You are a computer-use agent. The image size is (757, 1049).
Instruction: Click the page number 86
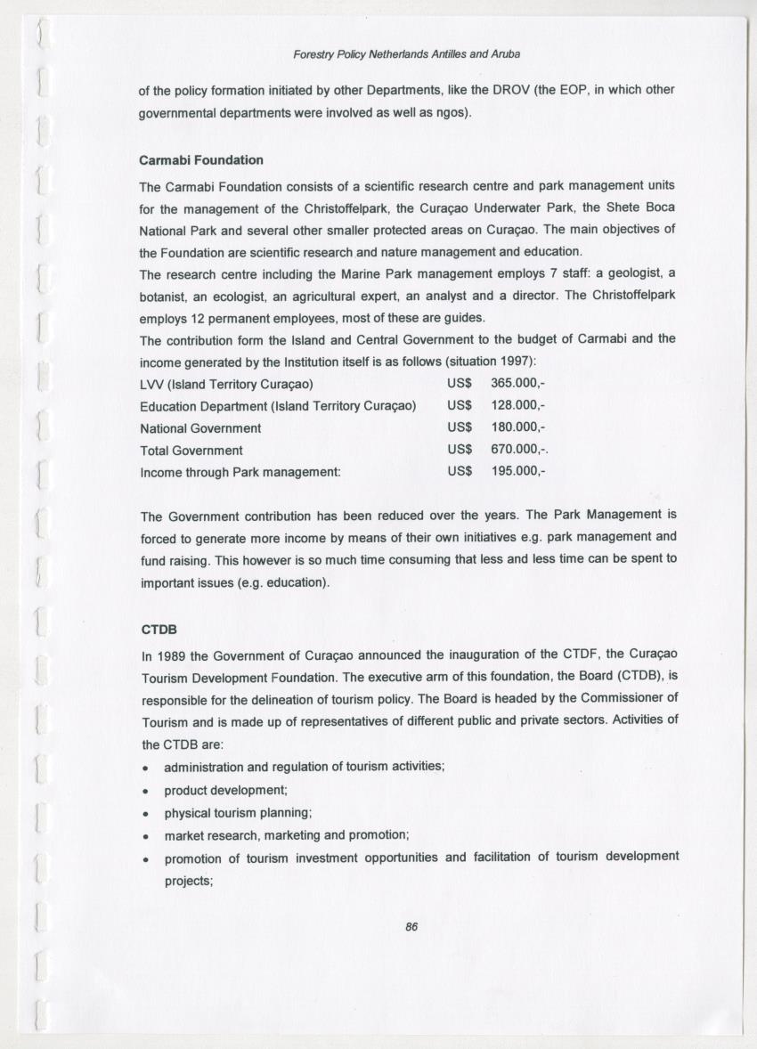[411, 926]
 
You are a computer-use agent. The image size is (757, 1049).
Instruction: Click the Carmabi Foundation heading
[201, 160]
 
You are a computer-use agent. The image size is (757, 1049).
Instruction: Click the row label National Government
[200, 428]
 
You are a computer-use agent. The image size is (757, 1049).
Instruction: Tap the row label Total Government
[191, 451]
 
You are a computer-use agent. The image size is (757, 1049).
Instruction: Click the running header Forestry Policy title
[406, 54]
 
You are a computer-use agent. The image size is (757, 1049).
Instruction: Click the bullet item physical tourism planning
[238, 813]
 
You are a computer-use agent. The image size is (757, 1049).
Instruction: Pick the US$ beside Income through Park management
[460, 472]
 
